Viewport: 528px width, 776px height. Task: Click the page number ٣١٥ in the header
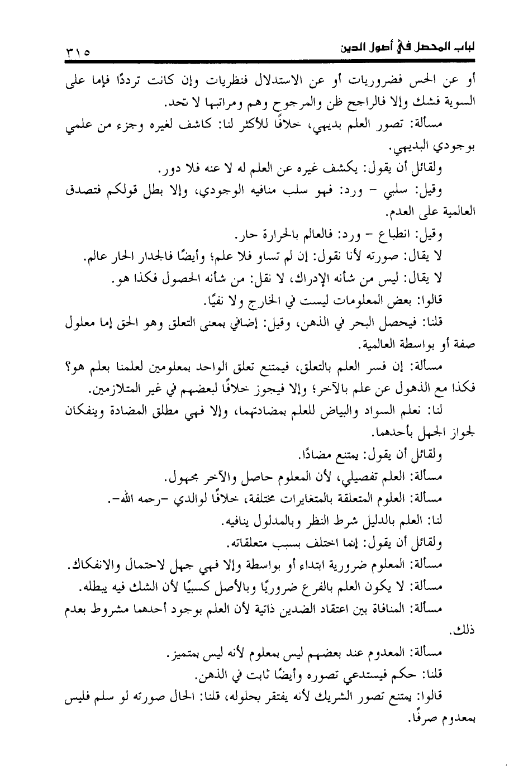(78, 54)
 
